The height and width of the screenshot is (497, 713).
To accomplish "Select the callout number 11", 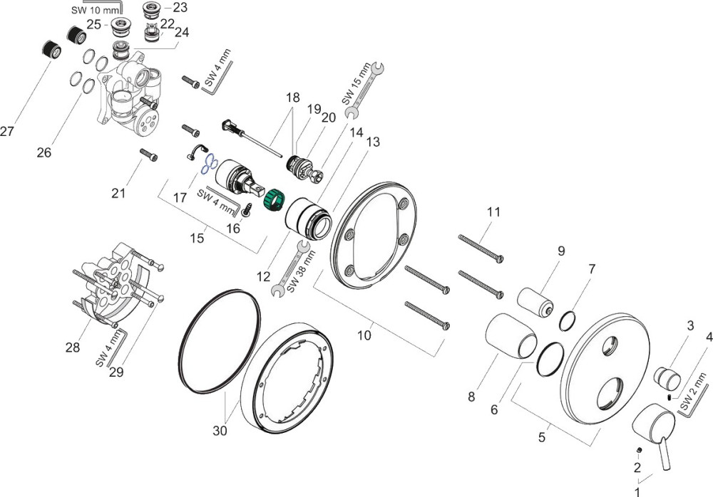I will coord(494,212).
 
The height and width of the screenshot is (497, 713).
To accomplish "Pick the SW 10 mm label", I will coord(94,10).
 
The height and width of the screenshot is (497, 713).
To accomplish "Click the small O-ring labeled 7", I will coord(568,321).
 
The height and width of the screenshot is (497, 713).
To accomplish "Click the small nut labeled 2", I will coord(640,451).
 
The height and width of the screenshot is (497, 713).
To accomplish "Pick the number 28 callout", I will coord(73,347).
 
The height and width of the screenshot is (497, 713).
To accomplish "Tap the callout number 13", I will coord(372,142).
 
